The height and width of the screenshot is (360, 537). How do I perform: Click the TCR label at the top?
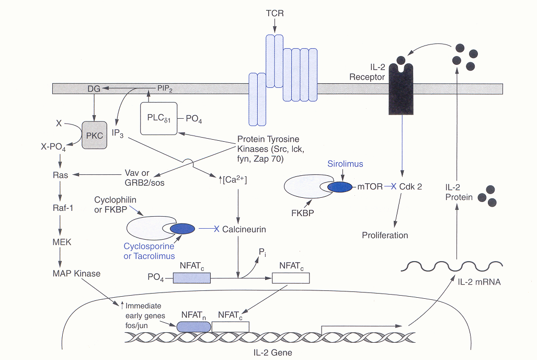[x=275, y=13]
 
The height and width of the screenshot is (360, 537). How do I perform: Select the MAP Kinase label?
[x=76, y=273]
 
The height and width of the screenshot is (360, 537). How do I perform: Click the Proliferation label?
[x=385, y=235]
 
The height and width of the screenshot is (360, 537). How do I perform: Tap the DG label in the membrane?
[x=94, y=90]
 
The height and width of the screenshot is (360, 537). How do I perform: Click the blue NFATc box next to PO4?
[x=191, y=277]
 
